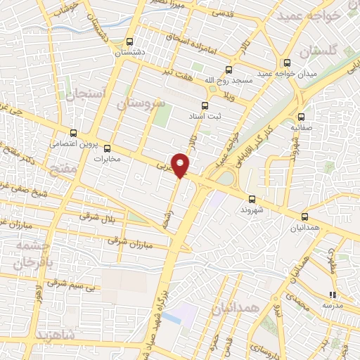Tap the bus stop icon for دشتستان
coord(129,41)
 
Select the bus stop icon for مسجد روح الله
coord(229,70)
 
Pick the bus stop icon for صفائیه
coord(301,117)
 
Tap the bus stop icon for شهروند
coord(252,198)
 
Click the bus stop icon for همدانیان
coord(304,217)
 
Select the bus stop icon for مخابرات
coord(108,148)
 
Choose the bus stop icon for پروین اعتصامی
coord(74,132)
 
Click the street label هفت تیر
coord(176,72)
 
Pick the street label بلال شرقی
coord(95,217)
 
